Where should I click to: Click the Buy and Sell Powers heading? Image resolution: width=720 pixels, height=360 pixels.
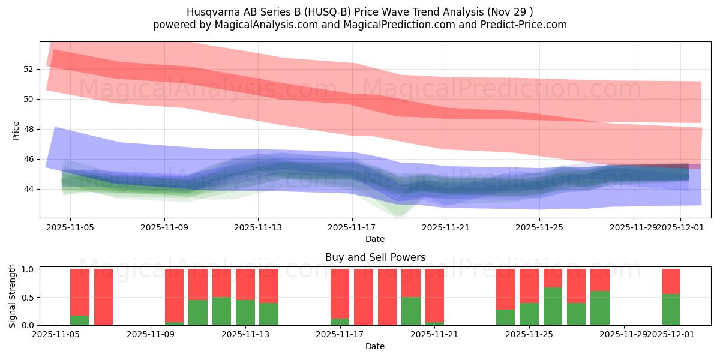coord(375,257)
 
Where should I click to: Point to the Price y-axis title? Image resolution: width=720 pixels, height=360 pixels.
coord(16,131)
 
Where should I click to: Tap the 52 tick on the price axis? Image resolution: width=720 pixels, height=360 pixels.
coord(28,69)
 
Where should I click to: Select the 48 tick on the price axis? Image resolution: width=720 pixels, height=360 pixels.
coord(28,129)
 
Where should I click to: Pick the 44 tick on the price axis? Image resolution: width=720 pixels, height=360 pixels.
coord(28,189)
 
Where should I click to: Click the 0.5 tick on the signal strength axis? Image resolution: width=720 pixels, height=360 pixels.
coord(26,297)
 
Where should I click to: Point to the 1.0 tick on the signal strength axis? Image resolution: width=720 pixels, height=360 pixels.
coord(26,269)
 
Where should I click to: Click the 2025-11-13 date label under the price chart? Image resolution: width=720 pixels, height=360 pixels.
coord(258,227)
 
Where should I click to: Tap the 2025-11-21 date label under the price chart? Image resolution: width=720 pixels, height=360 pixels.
coord(446,227)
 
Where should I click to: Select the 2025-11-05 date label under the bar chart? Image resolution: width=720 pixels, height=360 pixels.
coord(56,334)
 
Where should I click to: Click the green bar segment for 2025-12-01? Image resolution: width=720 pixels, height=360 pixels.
coord(671,310)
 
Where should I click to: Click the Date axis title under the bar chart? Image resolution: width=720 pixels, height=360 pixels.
coord(375,346)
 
